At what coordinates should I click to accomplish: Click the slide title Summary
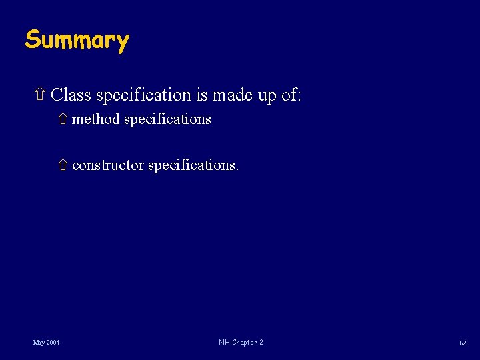77,41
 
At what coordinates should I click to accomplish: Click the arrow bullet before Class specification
39,95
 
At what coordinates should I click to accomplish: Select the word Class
71,95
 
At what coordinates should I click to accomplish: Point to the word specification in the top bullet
143,96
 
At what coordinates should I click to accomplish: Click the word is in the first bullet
202,95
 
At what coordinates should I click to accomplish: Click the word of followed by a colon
290,95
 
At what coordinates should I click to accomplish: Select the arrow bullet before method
63,119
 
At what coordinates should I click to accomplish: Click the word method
96,119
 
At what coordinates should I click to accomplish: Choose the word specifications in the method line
167,120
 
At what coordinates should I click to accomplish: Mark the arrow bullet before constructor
63,165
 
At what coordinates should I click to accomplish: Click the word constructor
107,165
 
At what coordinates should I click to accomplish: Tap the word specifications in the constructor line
193,165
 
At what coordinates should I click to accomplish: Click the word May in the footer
39,343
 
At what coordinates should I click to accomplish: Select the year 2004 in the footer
53,343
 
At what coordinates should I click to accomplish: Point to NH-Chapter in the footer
236,342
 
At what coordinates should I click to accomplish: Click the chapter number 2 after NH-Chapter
261,342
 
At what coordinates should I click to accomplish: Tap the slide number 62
462,343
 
